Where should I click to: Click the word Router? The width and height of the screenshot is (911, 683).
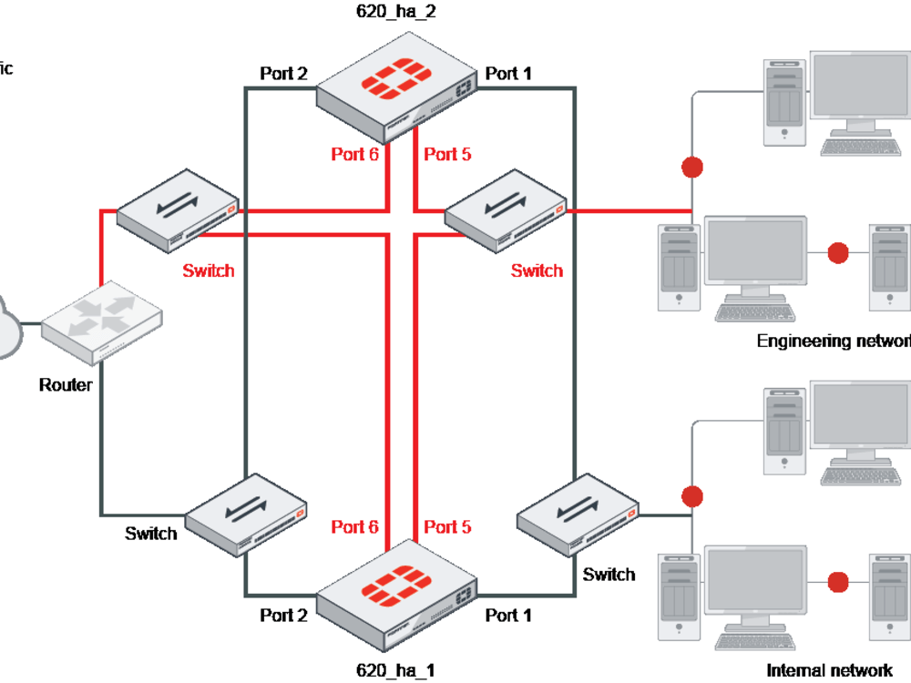point(66,385)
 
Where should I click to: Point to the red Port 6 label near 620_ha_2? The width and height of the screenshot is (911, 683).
point(355,154)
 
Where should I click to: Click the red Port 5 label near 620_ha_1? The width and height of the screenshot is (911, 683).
point(447,526)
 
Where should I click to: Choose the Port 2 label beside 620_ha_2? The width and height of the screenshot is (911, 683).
point(283,74)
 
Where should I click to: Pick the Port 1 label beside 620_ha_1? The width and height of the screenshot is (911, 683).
point(508,616)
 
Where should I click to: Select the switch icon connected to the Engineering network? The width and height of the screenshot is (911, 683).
point(505,214)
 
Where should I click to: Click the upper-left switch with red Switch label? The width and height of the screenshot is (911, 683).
point(179,210)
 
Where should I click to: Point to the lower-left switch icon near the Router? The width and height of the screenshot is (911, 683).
point(246,515)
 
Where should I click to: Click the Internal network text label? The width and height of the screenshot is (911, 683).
point(829,670)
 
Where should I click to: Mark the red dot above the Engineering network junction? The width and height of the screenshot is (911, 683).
point(692,168)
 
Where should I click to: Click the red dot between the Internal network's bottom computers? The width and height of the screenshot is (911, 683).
point(838,581)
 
